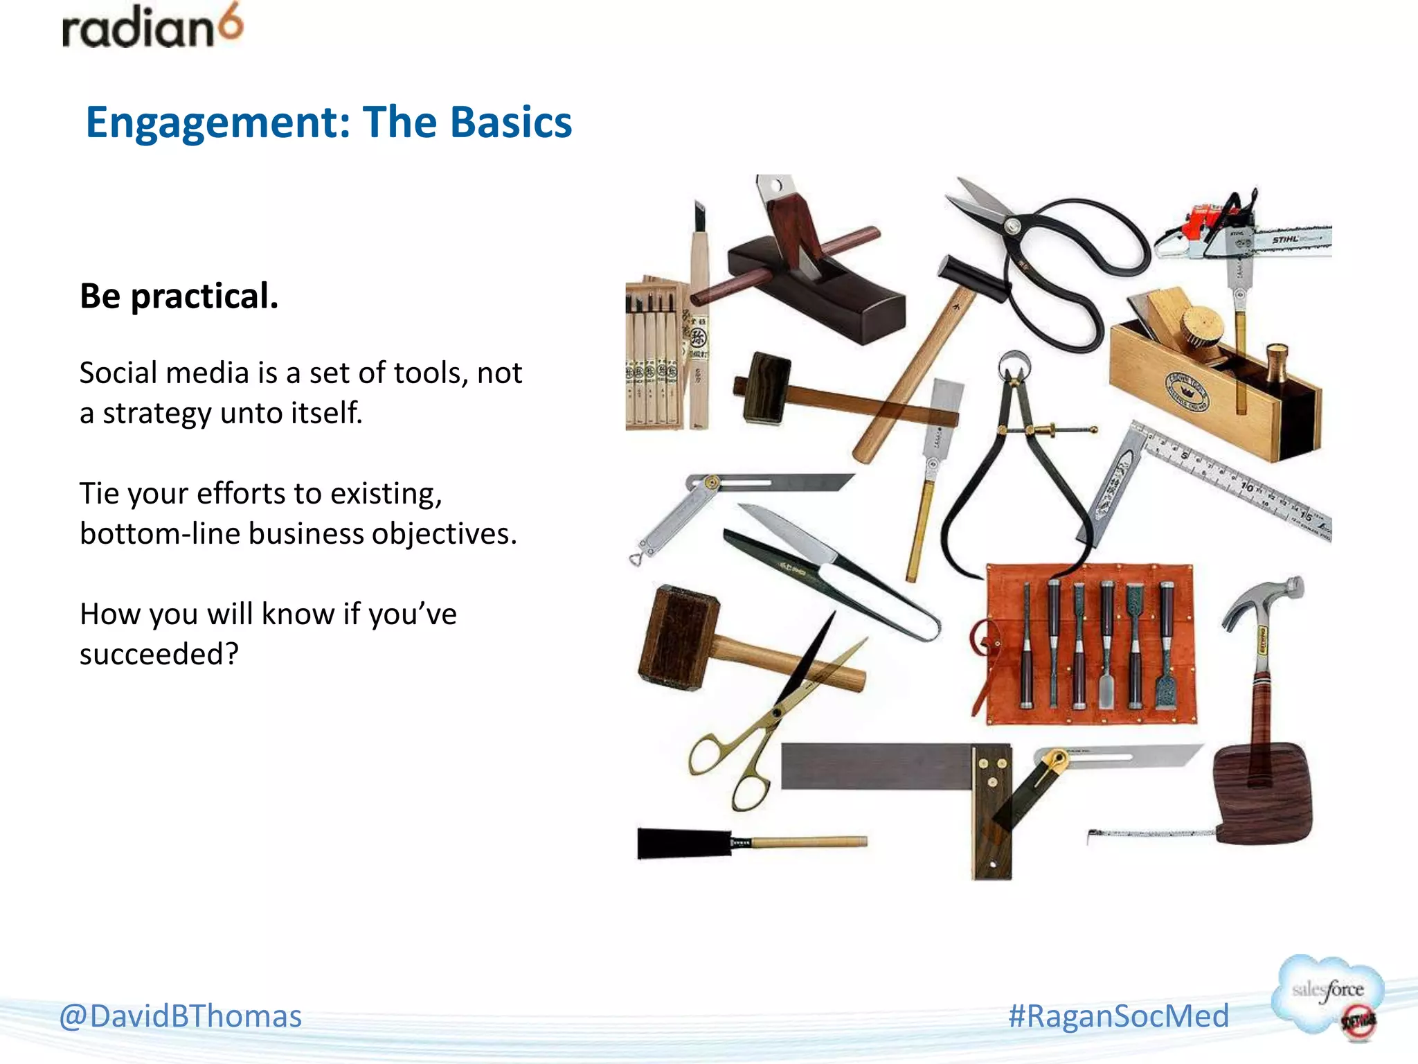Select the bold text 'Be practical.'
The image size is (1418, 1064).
click(x=179, y=296)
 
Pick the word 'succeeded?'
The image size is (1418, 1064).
click(x=159, y=654)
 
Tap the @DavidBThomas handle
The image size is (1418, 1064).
click(x=180, y=1016)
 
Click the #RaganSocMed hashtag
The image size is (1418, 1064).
click(x=1118, y=1016)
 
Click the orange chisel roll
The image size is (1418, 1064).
click(x=1091, y=644)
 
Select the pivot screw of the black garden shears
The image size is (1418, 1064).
click(x=1012, y=226)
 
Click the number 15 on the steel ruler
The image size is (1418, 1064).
click(x=1305, y=517)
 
